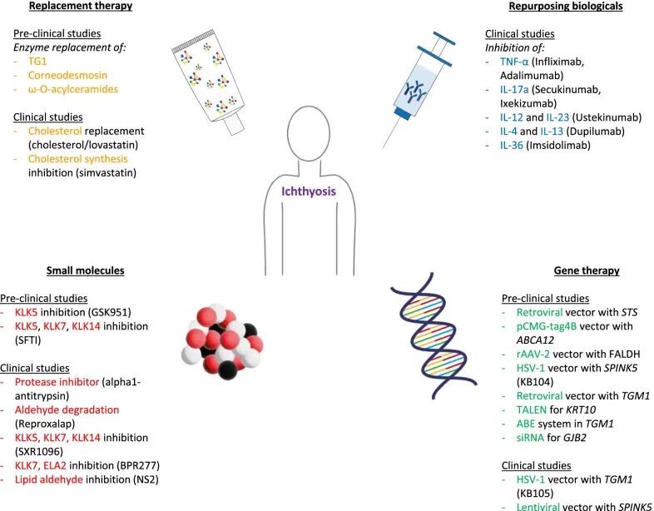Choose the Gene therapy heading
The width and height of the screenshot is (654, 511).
(586, 270)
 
